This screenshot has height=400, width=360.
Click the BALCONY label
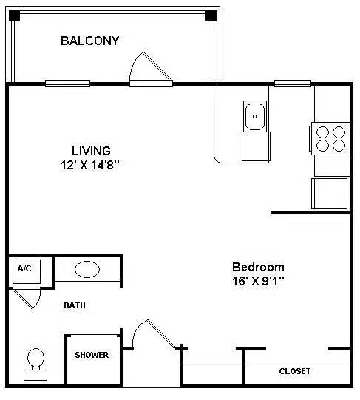pyautogui.click(x=89, y=41)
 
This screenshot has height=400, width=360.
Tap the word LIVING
pyautogui.click(x=91, y=151)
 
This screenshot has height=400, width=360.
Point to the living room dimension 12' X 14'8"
pyautogui.click(x=91, y=166)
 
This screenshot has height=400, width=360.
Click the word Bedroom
pyautogui.click(x=258, y=267)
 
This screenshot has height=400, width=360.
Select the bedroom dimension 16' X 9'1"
pyautogui.click(x=258, y=281)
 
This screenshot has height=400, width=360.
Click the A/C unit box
pyautogui.click(x=24, y=270)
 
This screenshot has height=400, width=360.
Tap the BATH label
pyautogui.click(x=75, y=305)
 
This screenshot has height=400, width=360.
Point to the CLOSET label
pyautogui.click(x=294, y=371)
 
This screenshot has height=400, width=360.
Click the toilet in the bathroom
pyautogui.click(x=35, y=363)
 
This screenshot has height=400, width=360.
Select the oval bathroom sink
pyautogui.click(x=87, y=269)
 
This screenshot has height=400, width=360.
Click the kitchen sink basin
pyautogui.click(x=255, y=115)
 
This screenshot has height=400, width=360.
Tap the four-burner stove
pyautogui.click(x=330, y=138)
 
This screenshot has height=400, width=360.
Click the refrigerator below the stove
pyautogui.click(x=330, y=192)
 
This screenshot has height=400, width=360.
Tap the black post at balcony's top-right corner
pyautogui.click(x=211, y=15)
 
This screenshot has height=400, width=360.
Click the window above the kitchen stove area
pyautogui.click(x=292, y=83)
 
